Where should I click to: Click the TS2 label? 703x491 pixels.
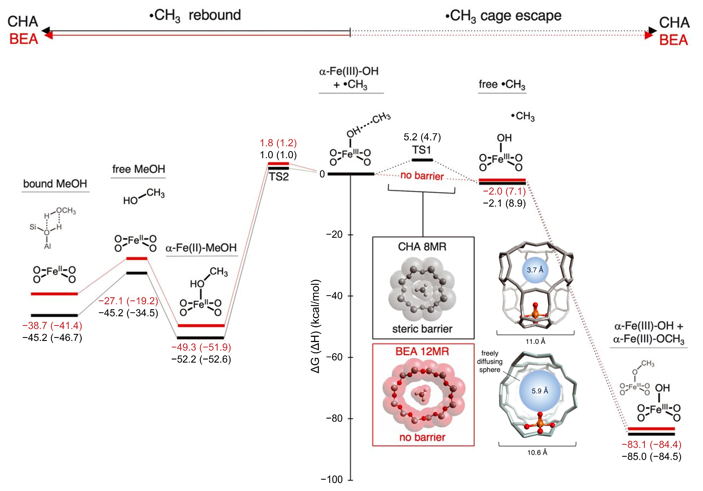coord(279,177)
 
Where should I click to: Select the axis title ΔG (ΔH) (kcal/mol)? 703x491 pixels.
coord(315,326)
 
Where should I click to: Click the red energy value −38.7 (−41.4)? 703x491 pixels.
coord(52,325)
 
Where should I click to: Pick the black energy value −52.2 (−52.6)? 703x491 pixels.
coord(201,359)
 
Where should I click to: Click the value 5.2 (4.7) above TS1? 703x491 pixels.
coord(422,137)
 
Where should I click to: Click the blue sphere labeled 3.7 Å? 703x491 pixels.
coord(535,270)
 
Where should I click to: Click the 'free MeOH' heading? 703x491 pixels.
coord(138,169)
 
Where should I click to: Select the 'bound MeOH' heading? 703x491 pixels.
coord(55,184)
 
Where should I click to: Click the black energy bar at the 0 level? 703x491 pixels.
coord(350,174)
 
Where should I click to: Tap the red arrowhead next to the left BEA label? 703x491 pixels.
coord(48,36)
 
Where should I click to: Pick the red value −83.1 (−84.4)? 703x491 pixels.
coord(651,444)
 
